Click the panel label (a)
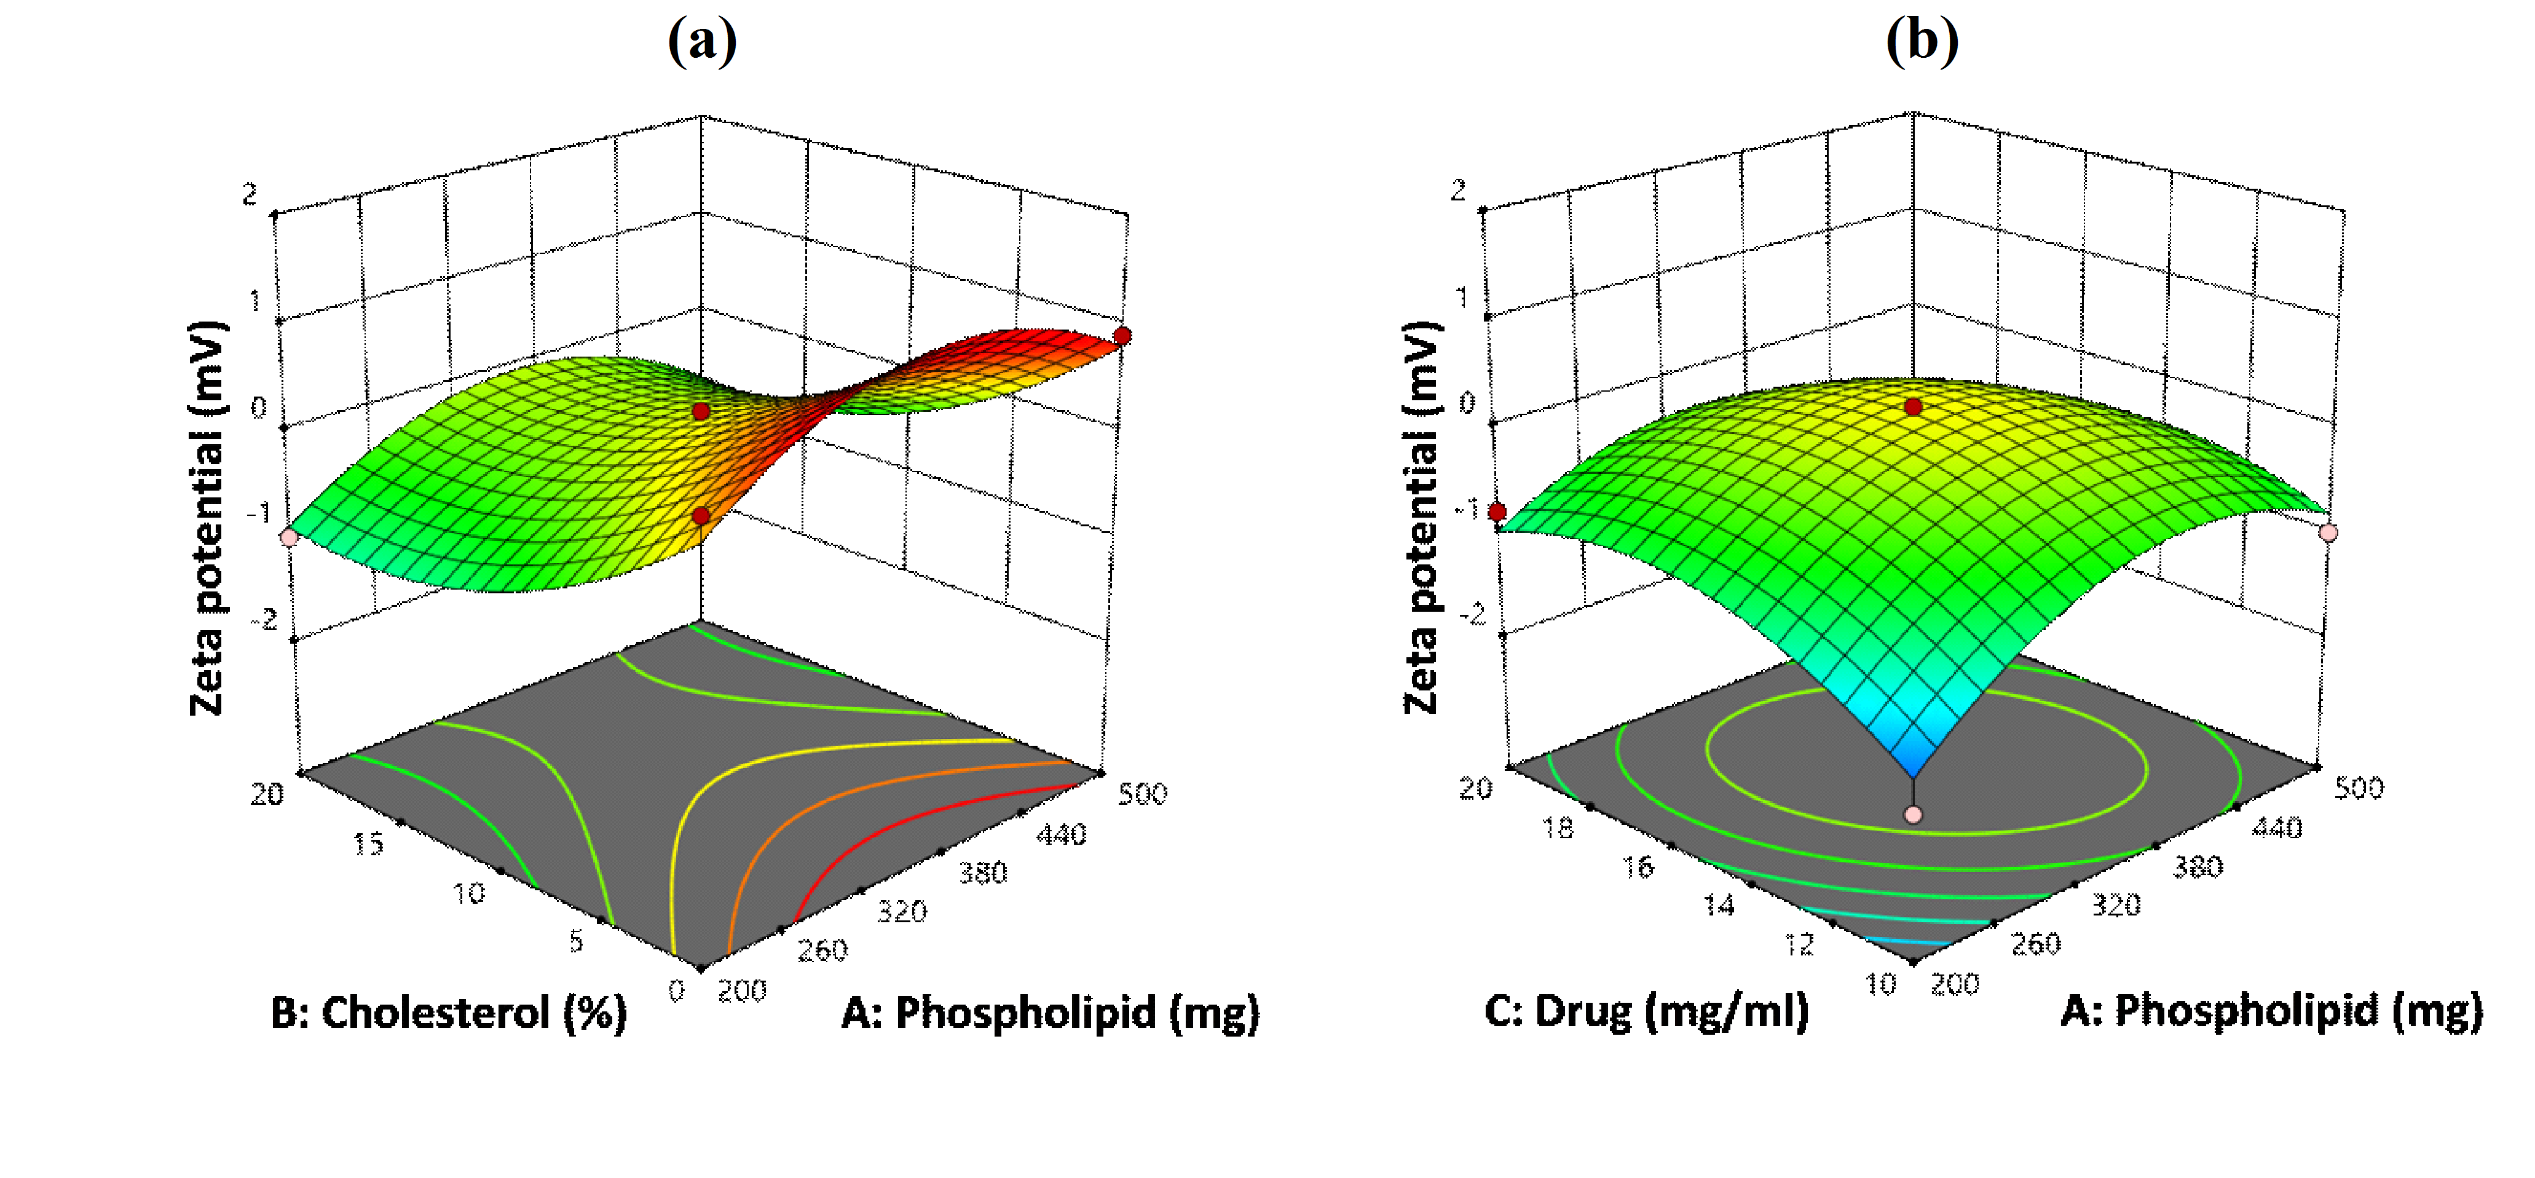click(x=701, y=41)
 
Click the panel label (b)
click(x=1921, y=41)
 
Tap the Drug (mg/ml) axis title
click(x=1646, y=1011)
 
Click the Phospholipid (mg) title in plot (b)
click(x=2271, y=1011)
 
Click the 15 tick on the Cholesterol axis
click(x=368, y=844)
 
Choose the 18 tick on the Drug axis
click(x=1557, y=829)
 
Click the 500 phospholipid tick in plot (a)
click(x=1141, y=793)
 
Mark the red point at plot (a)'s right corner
click(x=1122, y=336)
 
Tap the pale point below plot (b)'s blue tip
click(x=1913, y=815)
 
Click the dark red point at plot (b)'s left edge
click(x=1497, y=512)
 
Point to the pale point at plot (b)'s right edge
click(x=2328, y=532)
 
